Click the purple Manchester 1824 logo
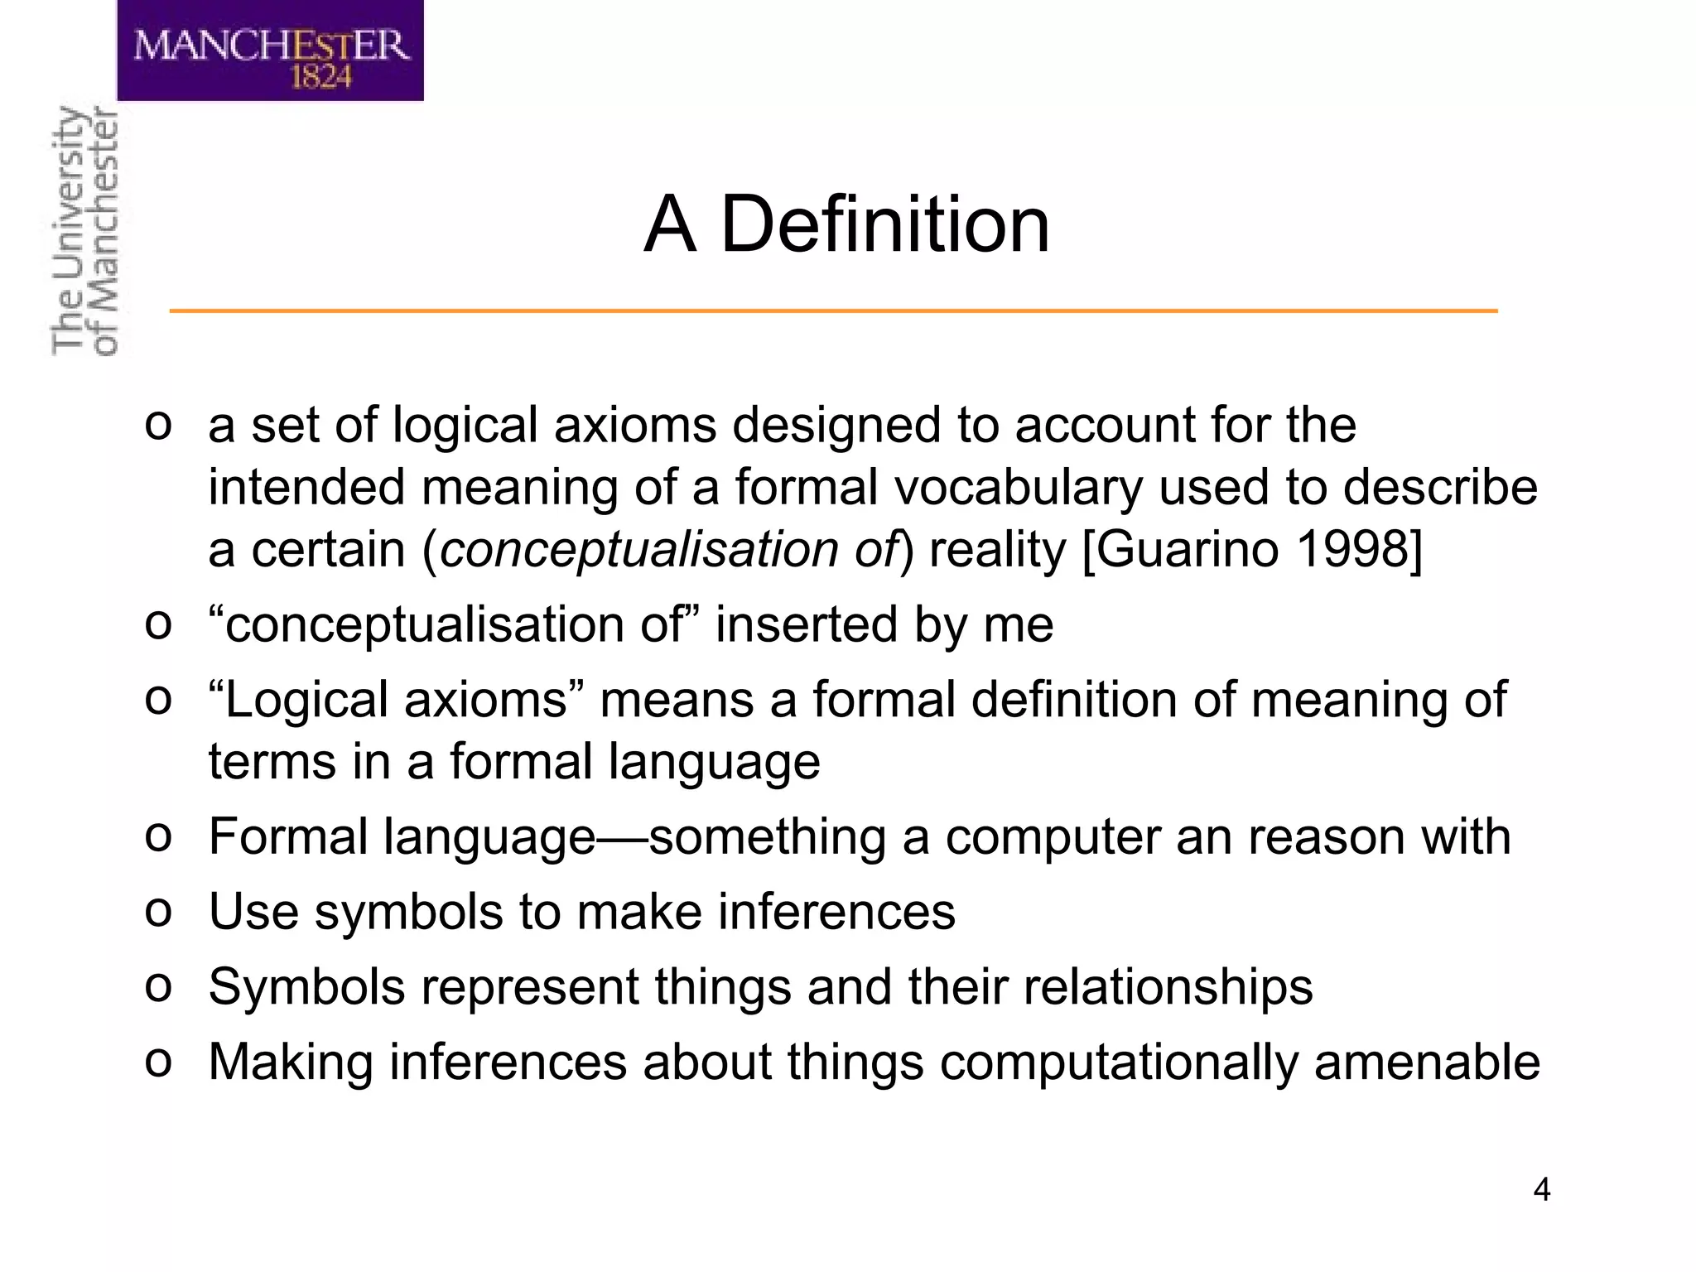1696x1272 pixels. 270,51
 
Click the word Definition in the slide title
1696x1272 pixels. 884,224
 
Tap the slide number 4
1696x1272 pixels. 1541,1190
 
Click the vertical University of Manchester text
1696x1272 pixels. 84,231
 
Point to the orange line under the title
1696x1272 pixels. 833,311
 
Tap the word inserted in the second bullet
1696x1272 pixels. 807,624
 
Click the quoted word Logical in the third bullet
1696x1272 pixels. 311,700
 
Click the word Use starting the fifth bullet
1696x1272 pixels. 253,912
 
